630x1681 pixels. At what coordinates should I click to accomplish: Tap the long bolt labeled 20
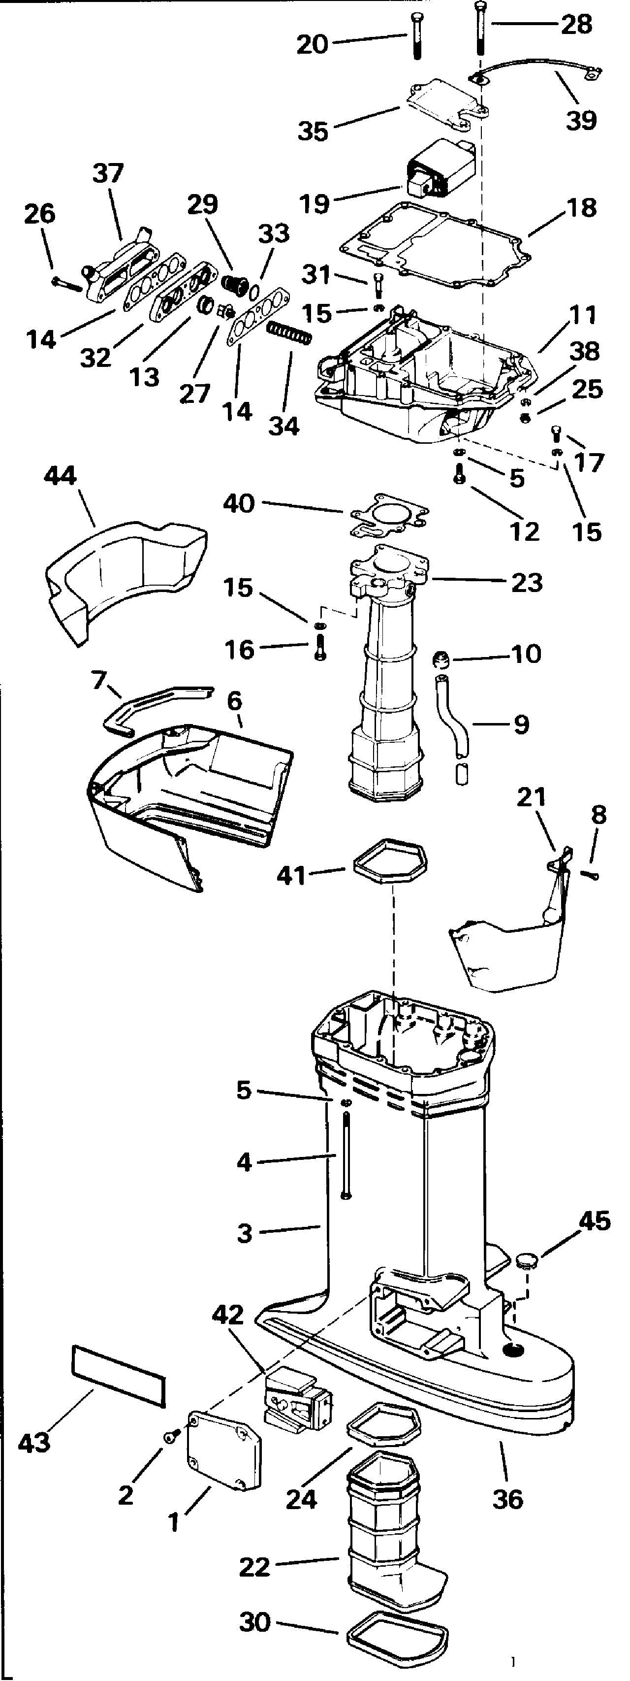[417, 35]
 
